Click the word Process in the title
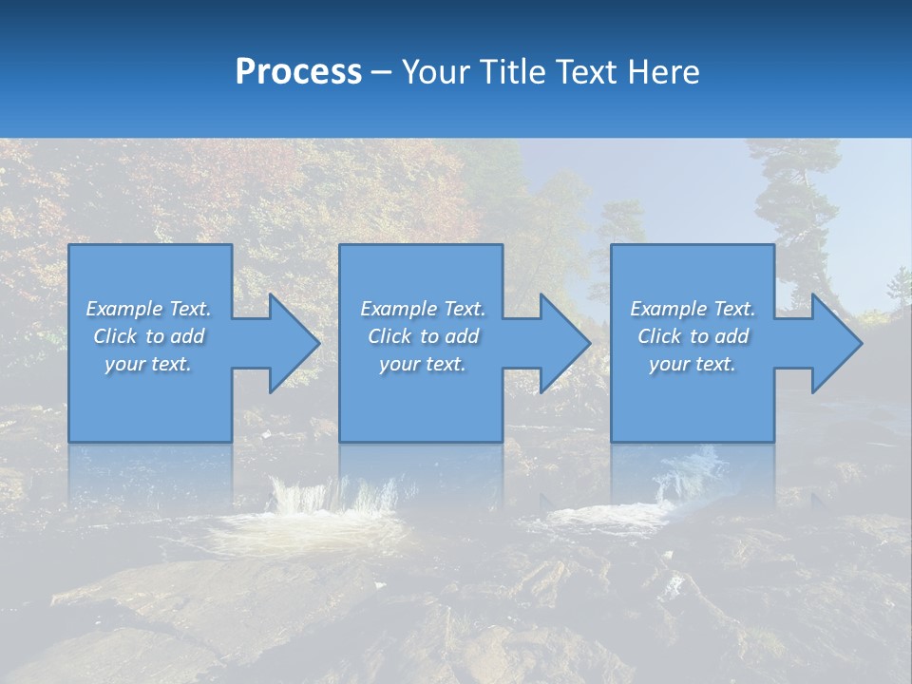point(298,72)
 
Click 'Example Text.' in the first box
point(148,309)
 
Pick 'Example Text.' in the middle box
point(423,309)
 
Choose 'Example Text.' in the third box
point(693,309)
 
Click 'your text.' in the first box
point(148,364)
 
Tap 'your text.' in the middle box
point(423,364)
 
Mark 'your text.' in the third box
point(693,364)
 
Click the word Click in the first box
point(116,336)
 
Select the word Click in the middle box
point(390,336)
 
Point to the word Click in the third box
point(660,336)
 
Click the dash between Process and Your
point(382,72)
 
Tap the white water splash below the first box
point(332,499)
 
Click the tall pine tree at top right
point(793,199)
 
